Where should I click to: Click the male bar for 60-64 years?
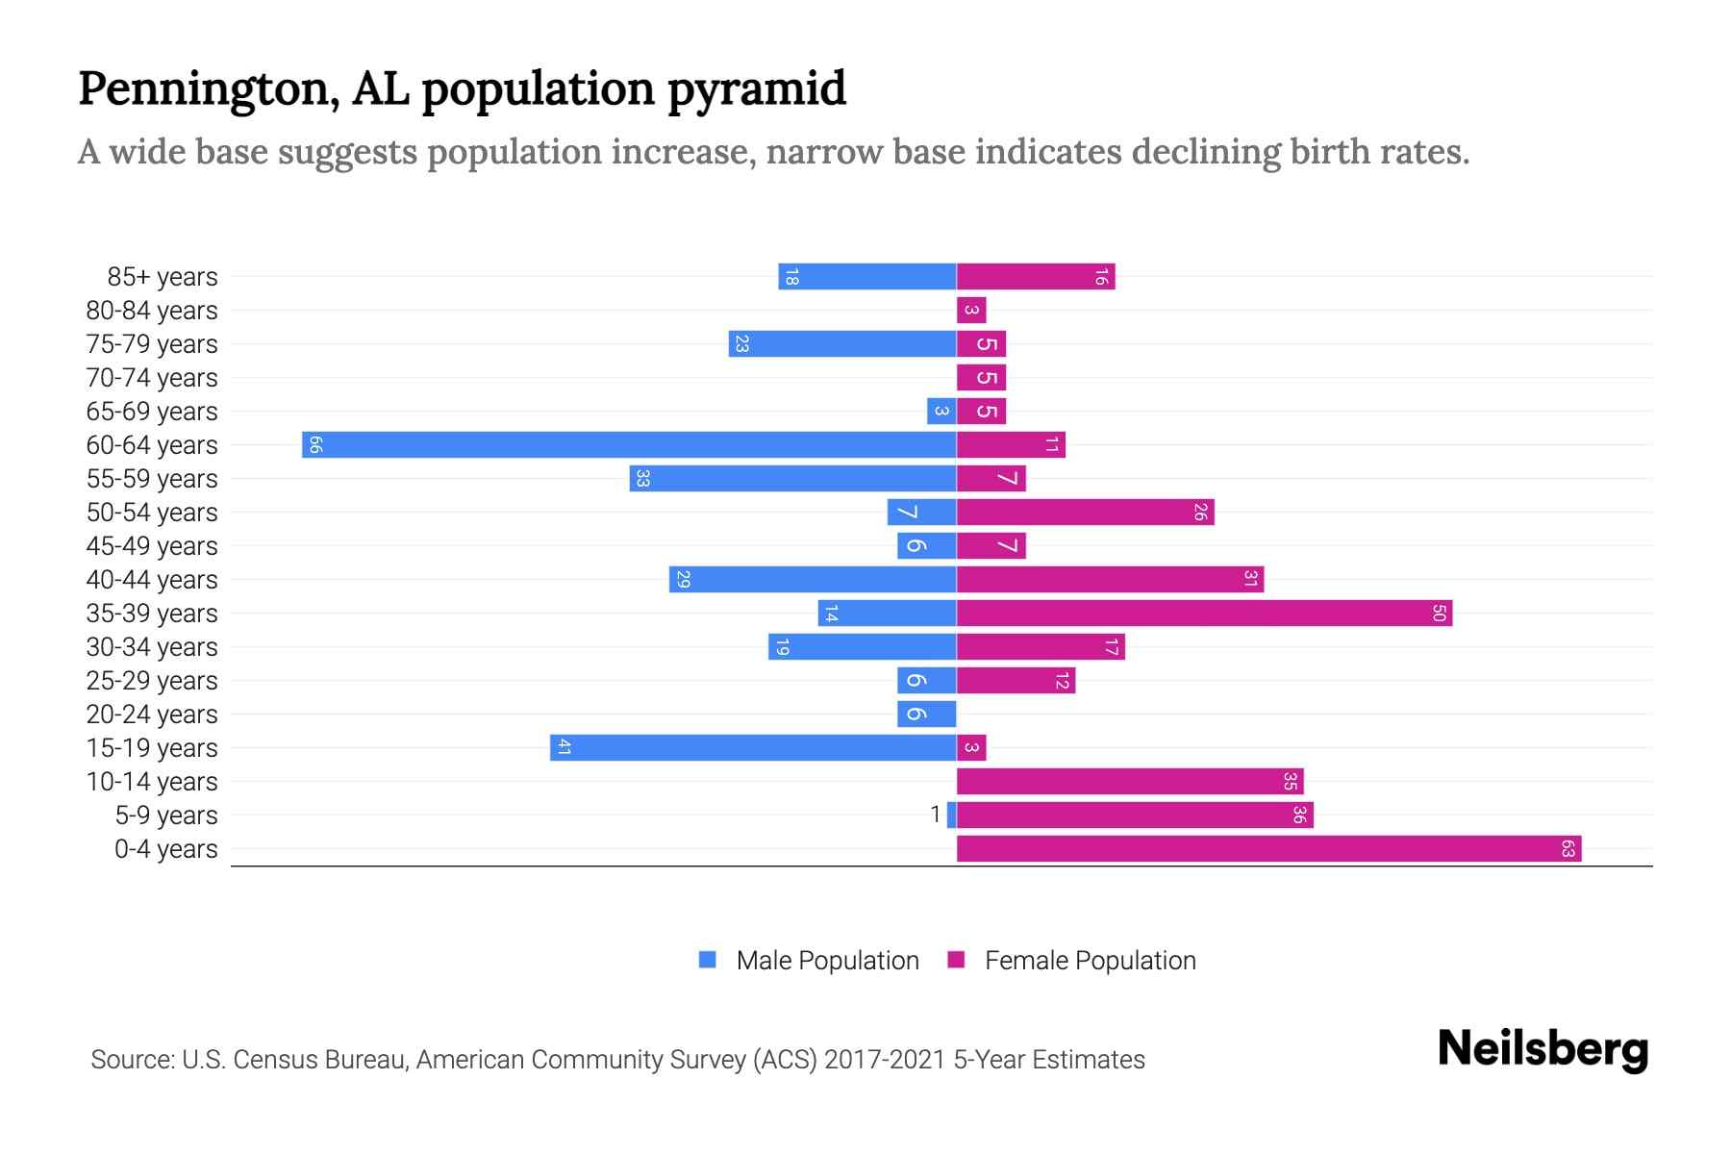click(629, 444)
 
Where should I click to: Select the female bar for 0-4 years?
click(1268, 848)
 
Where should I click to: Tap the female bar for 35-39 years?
click(1204, 613)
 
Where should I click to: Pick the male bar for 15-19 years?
click(753, 747)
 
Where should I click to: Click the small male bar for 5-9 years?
click(952, 815)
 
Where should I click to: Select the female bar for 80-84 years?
click(971, 310)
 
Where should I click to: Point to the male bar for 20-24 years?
click(926, 714)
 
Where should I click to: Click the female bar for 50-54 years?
click(1085, 512)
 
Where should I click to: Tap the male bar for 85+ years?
click(866, 276)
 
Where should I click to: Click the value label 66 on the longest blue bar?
click(314, 444)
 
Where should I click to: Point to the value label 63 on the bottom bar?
click(1568, 848)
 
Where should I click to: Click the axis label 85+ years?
click(163, 277)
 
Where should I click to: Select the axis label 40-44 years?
click(152, 580)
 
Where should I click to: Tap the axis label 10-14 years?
click(152, 782)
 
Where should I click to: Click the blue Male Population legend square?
click(708, 960)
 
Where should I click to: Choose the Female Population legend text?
click(1090, 960)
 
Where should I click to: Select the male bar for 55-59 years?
click(792, 478)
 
